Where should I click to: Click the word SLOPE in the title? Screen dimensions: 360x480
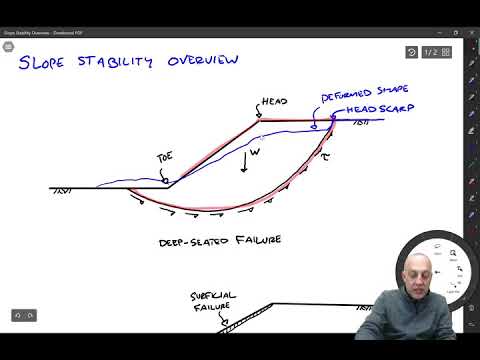tap(45, 64)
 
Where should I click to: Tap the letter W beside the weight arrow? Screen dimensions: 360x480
tap(255, 153)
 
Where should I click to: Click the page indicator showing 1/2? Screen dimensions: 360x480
tap(431, 52)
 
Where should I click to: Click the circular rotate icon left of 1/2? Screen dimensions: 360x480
tap(412, 52)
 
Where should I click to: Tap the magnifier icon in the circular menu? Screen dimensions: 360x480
tap(453, 254)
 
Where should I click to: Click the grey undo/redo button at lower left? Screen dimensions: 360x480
tap(24, 315)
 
